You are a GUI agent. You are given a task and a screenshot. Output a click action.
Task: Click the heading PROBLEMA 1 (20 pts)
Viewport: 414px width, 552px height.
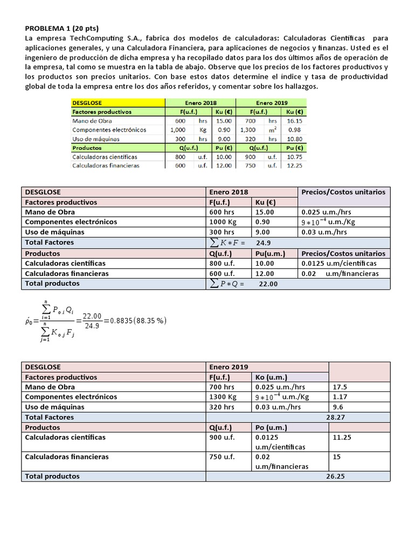point(63,29)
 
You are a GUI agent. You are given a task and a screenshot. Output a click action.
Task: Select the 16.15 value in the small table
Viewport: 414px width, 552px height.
point(294,121)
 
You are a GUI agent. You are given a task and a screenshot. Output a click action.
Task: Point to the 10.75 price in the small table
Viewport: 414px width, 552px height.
point(294,157)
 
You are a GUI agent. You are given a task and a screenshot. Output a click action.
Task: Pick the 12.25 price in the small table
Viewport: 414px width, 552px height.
point(294,165)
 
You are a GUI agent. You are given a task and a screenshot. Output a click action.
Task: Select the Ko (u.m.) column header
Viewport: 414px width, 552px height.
point(271,377)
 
